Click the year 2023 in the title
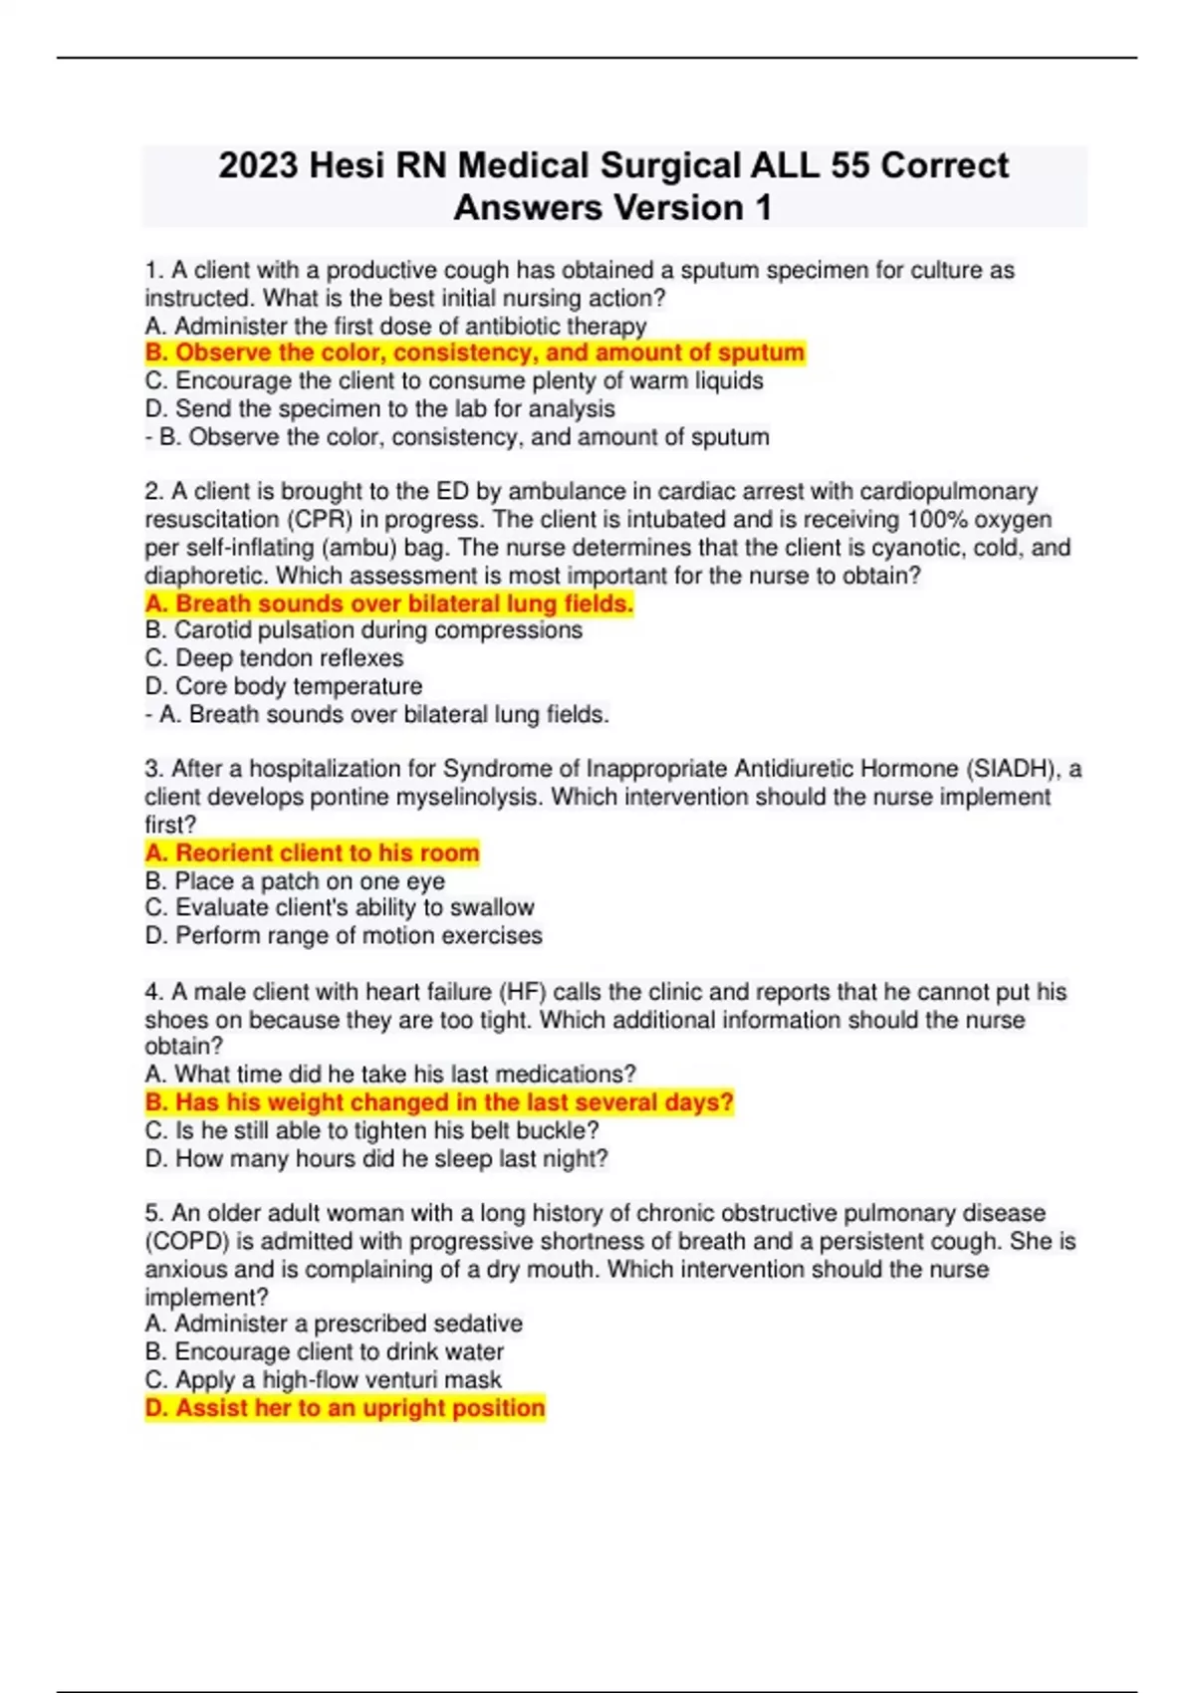coord(258,165)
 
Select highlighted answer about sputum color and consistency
coord(474,353)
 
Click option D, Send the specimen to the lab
coord(379,408)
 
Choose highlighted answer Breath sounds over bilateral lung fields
coord(389,604)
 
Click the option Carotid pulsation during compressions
coord(363,630)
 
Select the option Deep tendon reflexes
coord(274,658)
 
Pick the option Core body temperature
coord(283,686)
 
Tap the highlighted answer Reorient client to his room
coord(312,852)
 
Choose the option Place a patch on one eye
coord(295,881)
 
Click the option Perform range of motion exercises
coord(344,936)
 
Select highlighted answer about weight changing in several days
coord(439,1102)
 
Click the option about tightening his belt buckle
coord(371,1130)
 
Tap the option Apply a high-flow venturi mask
coord(323,1380)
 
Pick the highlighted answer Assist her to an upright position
coord(345,1408)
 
